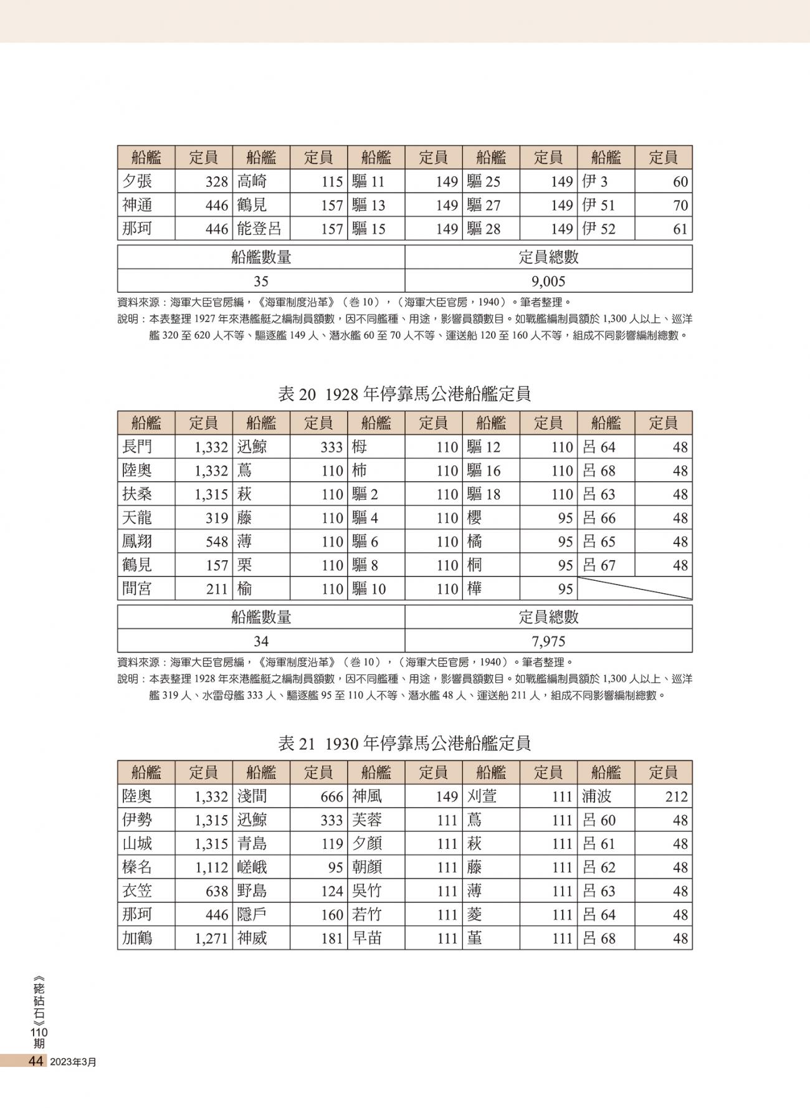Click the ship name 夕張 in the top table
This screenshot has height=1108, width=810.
(x=137, y=181)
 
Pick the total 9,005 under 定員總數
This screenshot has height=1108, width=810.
(x=548, y=280)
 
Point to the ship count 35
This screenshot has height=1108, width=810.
(x=260, y=280)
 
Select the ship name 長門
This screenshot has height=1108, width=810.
(x=137, y=447)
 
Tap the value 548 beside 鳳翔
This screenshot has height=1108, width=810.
(x=217, y=542)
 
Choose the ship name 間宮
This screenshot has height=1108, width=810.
(x=137, y=589)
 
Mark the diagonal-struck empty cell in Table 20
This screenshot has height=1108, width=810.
(x=634, y=588)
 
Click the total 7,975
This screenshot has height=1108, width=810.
(x=548, y=641)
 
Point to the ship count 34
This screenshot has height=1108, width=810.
(x=260, y=641)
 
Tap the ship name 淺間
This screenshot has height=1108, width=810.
(x=252, y=796)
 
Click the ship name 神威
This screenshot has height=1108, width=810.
(x=252, y=938)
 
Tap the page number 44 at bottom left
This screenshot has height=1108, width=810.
(x=35, y=1061)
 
